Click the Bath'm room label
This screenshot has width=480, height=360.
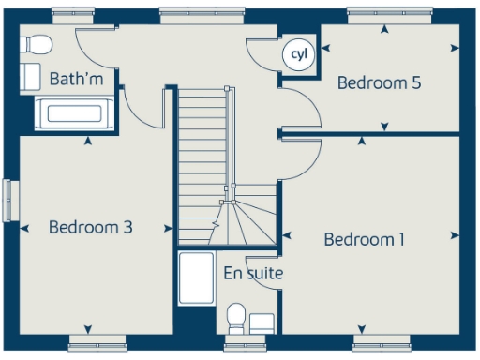point(77,78)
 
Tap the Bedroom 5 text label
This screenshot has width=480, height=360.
point(379,82)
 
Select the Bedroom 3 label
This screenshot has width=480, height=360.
point(91,227)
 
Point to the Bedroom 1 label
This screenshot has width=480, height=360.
point(365,239)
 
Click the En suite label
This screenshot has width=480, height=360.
point(253,274)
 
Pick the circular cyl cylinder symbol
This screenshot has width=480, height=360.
point(299,54)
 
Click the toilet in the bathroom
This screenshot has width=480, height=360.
point(37,43)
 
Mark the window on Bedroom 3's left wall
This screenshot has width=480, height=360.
point(10,201)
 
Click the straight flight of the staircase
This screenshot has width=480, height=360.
point(201,142)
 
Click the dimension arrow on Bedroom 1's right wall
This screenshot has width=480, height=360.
point(456,234)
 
